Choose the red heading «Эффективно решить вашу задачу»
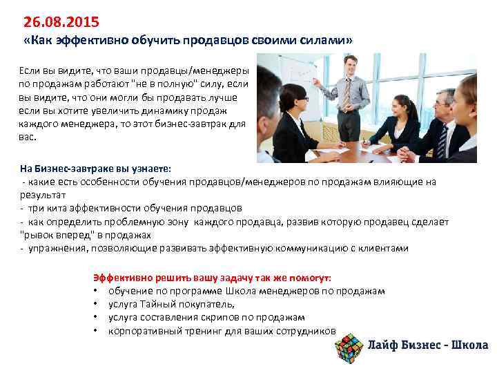point(173,277)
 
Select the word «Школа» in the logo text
point(469,345)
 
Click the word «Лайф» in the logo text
point(384,345)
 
